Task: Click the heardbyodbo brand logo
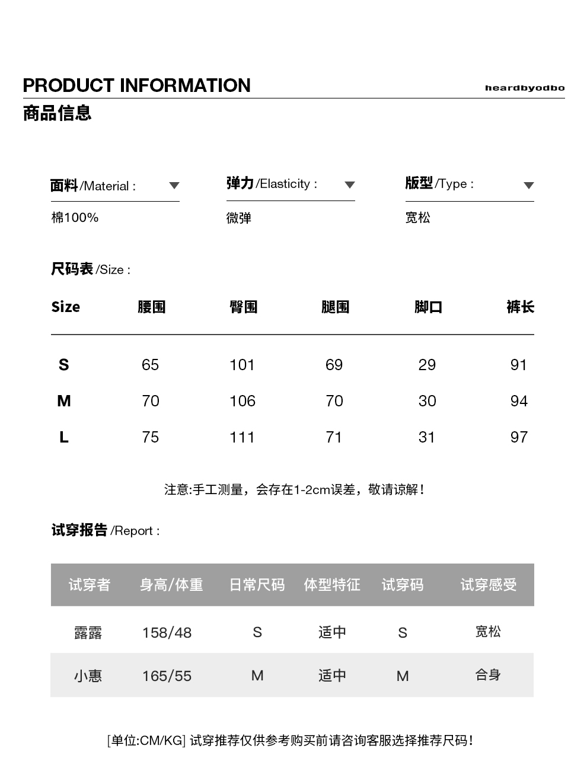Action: coord(524,88)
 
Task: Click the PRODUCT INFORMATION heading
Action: coord(136,85)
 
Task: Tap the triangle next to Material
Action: coord(174,186)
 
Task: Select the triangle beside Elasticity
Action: coord(350,185)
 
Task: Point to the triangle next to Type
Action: coord(529,186)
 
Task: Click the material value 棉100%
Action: coord(75,218)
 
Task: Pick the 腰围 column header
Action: coord(151,307)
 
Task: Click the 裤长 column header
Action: coord(520,307)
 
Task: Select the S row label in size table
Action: coord(63,365)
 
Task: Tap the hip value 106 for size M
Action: coord(242,401)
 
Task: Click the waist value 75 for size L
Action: coord(151,437)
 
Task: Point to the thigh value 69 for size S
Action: coord(334,365)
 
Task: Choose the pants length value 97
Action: coord(519,437)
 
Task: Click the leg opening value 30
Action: coord(427,401)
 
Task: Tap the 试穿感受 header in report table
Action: coord(488,585)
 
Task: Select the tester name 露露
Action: coord(88,632)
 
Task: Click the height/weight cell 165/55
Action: coord(167,676)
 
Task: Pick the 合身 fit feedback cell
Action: coord(488,675)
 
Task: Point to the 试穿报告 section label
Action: coord(79,530)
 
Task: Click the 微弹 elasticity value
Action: coord(239,218)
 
